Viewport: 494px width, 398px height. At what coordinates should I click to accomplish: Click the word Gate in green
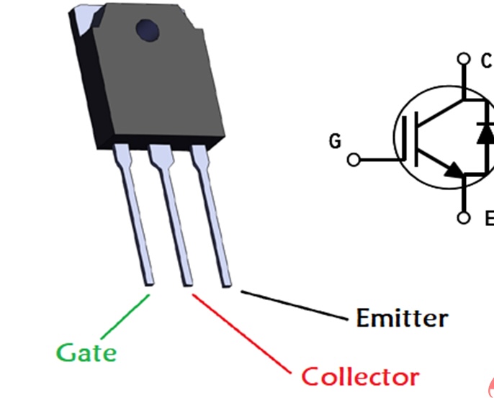[x=86, y=353]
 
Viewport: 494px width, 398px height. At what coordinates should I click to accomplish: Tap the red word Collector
[x=359, y=376]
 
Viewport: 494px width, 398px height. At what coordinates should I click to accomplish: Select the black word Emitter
[x=402, y=317]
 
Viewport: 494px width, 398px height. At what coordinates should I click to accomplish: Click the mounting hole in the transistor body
[x=148, y=29]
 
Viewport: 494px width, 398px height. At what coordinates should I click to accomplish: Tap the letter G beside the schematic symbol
[x=335, y=141]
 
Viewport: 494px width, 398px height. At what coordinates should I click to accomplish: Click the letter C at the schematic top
[x=487, y=61]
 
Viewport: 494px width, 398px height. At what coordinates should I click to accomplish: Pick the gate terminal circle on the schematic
[x=354, y=160]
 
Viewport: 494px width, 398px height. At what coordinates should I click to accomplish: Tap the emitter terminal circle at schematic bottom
[x=464, y=217]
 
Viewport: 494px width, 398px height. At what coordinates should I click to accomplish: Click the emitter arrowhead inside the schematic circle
[x=454, y=170]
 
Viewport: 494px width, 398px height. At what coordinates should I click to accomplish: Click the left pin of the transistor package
[x=136, y=216]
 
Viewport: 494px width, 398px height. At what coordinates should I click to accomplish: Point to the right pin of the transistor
[x=213, y=216]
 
